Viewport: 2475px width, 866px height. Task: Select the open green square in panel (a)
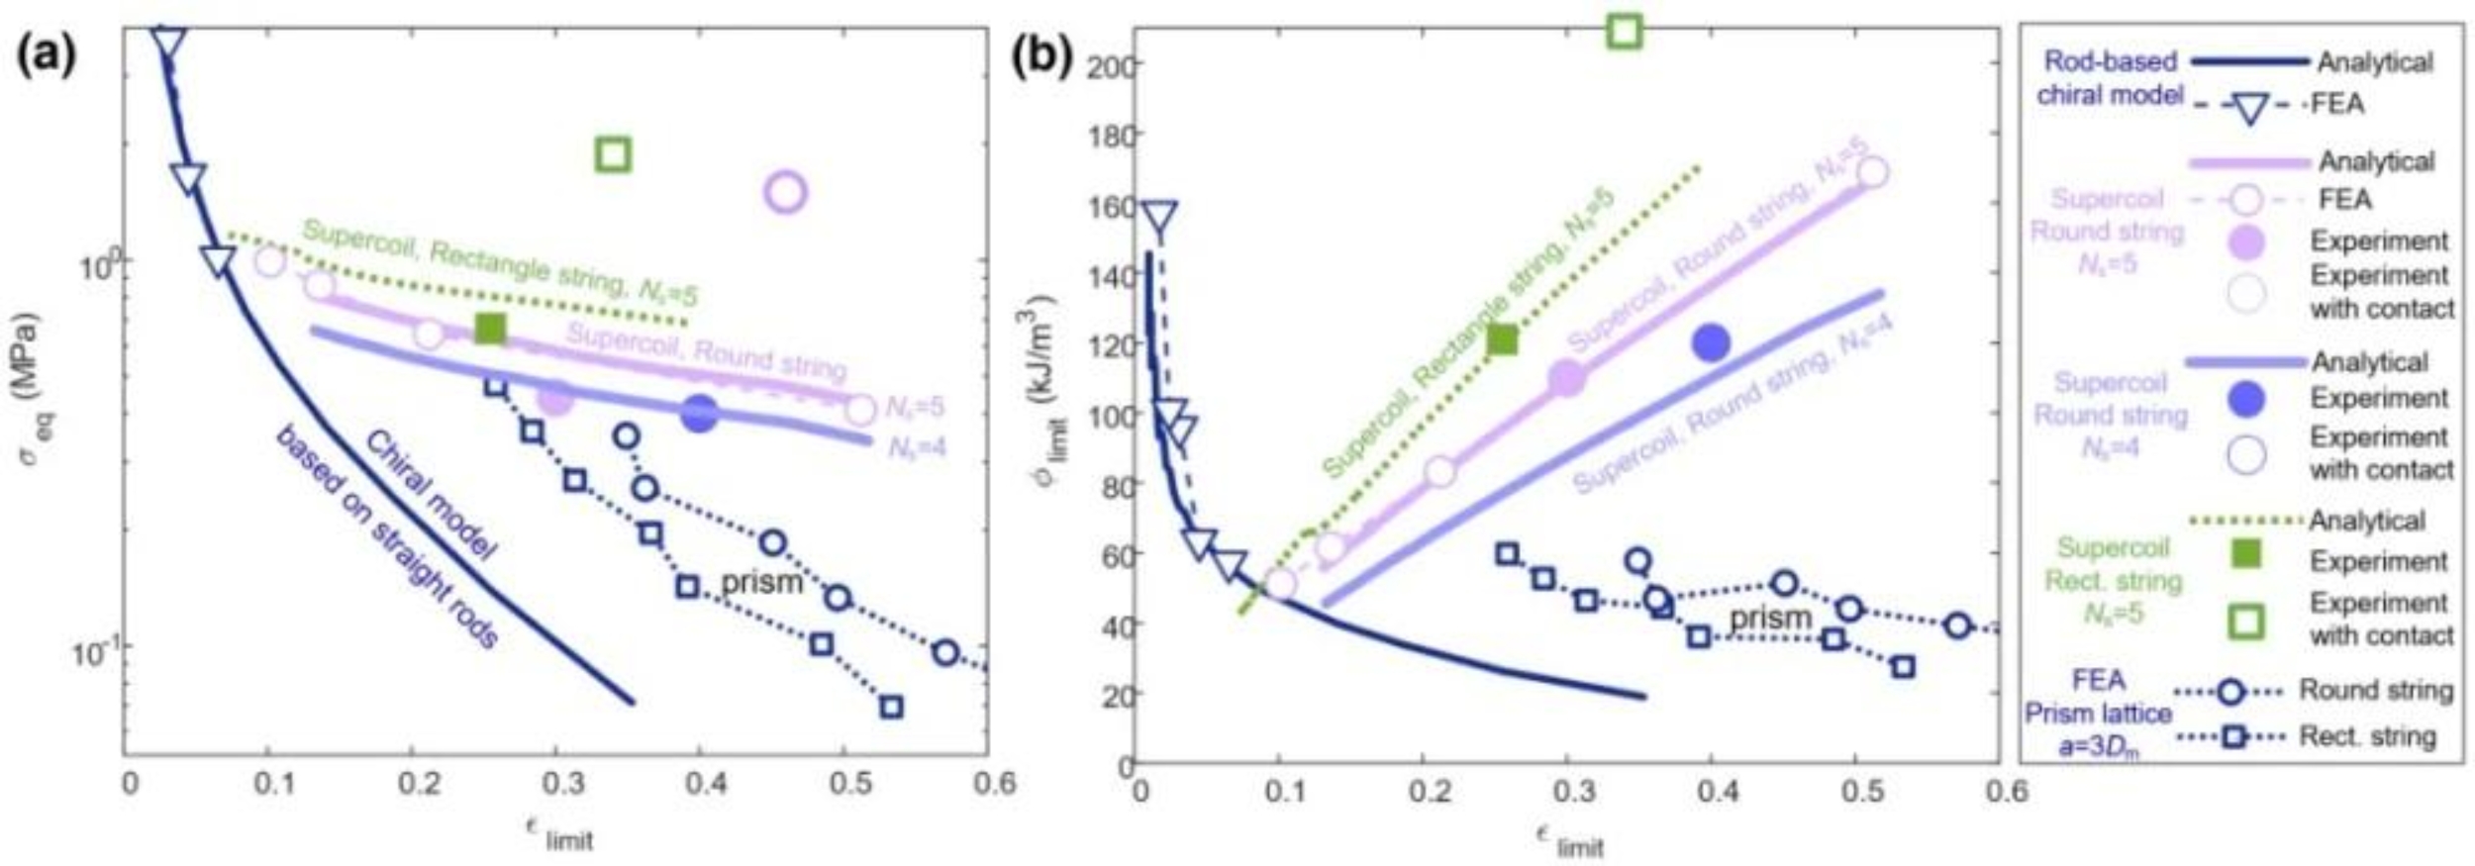coord(614,154)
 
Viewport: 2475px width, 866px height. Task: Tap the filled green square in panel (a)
coord(490,329)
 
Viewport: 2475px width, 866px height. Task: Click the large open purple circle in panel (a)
coord(786,191)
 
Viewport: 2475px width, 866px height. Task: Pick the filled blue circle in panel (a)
coord(699,414)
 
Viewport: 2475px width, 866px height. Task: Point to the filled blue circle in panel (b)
coord(1711,342)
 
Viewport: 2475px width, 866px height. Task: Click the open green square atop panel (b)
coord(1625,31)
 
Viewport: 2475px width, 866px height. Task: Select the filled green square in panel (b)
coord(1502,340)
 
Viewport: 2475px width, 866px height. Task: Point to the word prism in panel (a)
coord(761,582)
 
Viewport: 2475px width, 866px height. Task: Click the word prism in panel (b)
coord(1771,619)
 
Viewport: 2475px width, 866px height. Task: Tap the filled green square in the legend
coord(2247,554)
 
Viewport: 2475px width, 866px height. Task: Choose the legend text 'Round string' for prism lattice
coord(2375,690)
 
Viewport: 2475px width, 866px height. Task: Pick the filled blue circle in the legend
coord(2247,399)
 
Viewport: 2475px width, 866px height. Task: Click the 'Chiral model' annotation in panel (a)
coord(430,495)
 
